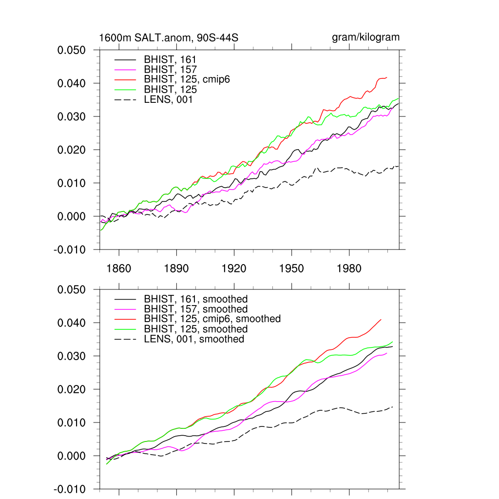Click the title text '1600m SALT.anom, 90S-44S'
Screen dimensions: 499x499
(x=169, y=38)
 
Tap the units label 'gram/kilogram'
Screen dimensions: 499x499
(x=366, y=38)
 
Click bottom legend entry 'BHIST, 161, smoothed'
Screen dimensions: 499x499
(x=196, y=299)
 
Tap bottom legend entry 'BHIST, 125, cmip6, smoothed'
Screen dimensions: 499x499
(x=212, y=319)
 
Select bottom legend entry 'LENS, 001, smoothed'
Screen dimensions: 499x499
(x=194, y=339)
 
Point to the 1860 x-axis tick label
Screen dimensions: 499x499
(x=119, y=269)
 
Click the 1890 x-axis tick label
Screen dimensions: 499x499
(x=176, y=269)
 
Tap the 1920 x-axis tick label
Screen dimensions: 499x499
(x=234, y=269)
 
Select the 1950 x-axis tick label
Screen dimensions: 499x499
(x=291, y=269)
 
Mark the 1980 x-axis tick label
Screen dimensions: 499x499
(x=349, y=269)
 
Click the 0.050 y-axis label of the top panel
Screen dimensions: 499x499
(x=72, y=50)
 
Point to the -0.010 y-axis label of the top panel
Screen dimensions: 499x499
(x=71, y=249)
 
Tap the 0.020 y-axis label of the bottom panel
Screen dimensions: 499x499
(x=72, y=389)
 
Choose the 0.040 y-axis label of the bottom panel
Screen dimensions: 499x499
(x=72, y=323)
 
